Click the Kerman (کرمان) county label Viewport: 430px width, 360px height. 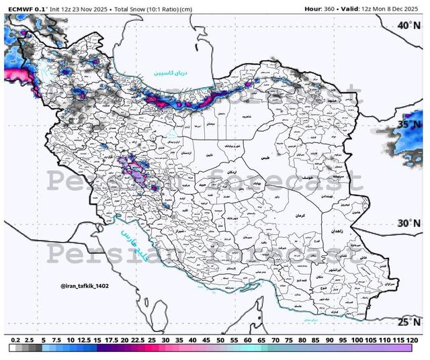pos(300,216)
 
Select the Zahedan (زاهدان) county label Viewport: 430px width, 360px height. pos(337,230)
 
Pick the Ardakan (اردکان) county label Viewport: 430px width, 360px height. pos(235,172)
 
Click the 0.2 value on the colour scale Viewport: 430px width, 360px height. pos(15,341)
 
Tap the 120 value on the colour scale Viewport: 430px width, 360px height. pos(415,341)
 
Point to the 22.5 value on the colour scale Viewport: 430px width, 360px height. pos(138,341)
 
